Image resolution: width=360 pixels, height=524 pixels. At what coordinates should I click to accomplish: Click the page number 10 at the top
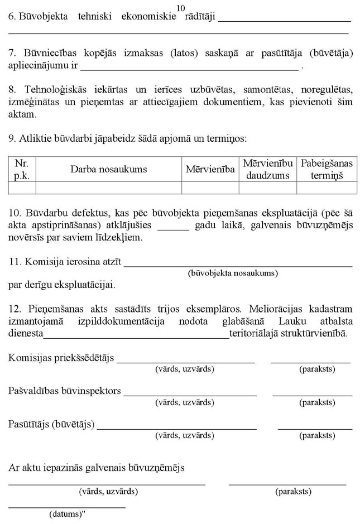[x=180, y=7]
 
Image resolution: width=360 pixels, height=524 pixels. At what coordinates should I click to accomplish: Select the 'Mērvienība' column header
[x=210, y=169]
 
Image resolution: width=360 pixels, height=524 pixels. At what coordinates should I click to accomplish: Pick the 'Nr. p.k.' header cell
[x=22, y=169]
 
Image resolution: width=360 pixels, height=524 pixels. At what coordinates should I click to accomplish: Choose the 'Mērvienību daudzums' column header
[x=268, y=169]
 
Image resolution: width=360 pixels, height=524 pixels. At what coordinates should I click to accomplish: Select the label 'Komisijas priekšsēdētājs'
[x=61, y=358]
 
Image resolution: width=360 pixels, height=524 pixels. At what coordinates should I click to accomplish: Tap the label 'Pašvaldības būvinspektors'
[x=65, y=391]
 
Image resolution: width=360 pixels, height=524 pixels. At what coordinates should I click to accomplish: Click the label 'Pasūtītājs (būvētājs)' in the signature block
[x=51, y=424]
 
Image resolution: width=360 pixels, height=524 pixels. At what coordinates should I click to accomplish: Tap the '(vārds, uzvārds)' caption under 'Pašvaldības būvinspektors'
[x=184, y=402]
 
